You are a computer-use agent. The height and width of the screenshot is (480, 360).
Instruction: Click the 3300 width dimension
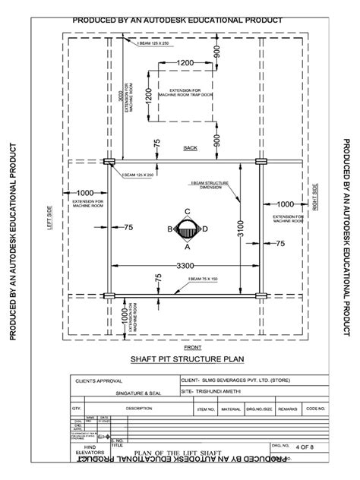click(185, 265)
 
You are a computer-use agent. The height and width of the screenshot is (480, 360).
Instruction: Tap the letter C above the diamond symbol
click(187, 213)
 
